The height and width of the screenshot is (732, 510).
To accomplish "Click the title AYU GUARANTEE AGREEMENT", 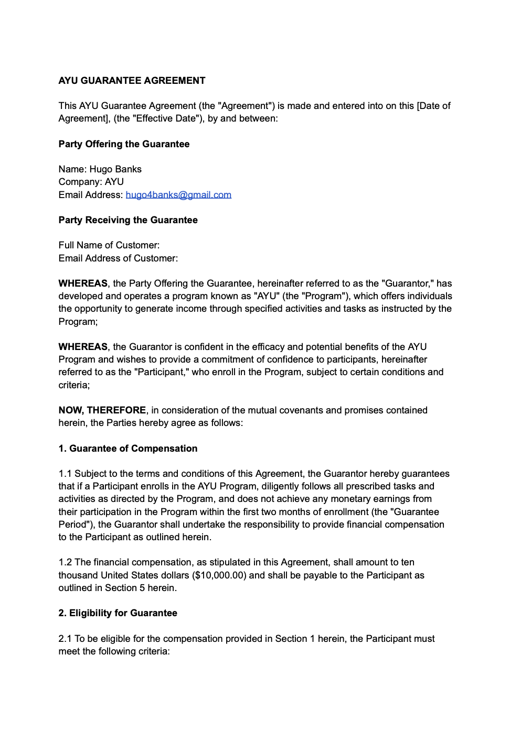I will (132, 81).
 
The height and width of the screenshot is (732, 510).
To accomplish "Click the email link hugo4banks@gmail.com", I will (178, 195).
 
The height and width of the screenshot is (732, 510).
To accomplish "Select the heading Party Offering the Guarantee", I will (124, 144).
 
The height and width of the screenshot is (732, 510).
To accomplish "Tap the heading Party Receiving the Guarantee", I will (128, 220).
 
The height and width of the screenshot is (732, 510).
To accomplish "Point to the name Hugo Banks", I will (115, 169).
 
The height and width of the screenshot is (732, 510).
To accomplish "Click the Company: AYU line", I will (91, 182).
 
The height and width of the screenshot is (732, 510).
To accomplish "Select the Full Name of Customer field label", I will (109, 245).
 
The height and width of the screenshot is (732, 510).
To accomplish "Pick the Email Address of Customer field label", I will (118, 258).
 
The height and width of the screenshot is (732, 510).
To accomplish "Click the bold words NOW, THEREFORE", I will (102, 410).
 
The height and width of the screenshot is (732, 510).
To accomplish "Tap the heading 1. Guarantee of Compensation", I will (128, 449).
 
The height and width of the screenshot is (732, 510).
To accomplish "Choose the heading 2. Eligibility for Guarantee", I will (118, 613).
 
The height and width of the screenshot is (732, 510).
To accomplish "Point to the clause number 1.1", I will (65, 474).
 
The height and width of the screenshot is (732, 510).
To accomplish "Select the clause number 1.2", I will (65, 562).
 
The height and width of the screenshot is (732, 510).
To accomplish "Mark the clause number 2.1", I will (65, 639).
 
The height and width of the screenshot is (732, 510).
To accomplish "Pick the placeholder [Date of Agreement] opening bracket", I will (418, 106).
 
